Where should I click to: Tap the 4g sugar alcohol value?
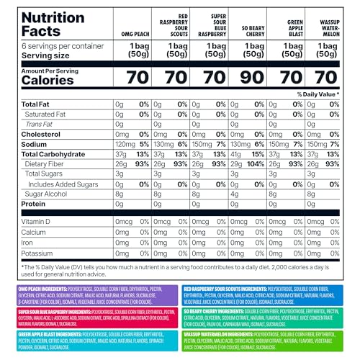(234, 194)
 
